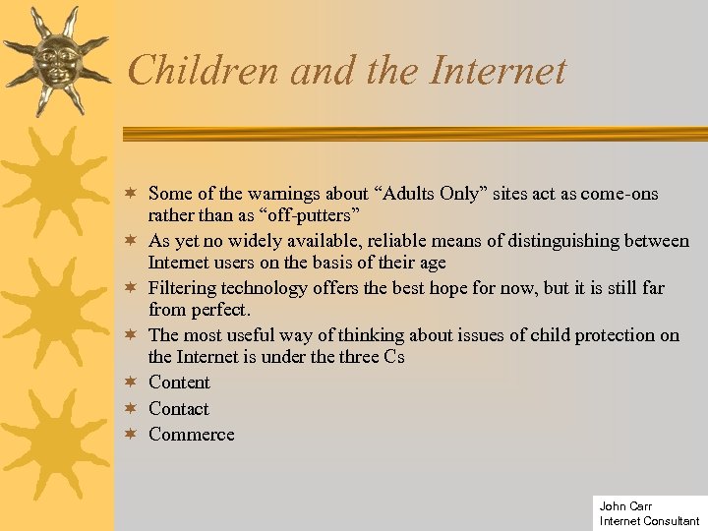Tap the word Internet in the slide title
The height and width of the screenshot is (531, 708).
coord(499,71)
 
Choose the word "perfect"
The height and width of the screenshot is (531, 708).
coord(217,309)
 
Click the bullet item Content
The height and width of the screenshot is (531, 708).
coord(179,382)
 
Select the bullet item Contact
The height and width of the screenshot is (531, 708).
coord(178,408)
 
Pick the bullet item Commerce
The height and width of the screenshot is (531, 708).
coord(191,434)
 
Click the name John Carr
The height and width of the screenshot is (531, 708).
coord(625,506)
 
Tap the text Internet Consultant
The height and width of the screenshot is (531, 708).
coord(649,521)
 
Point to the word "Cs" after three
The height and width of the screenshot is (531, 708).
coord(394,356)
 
